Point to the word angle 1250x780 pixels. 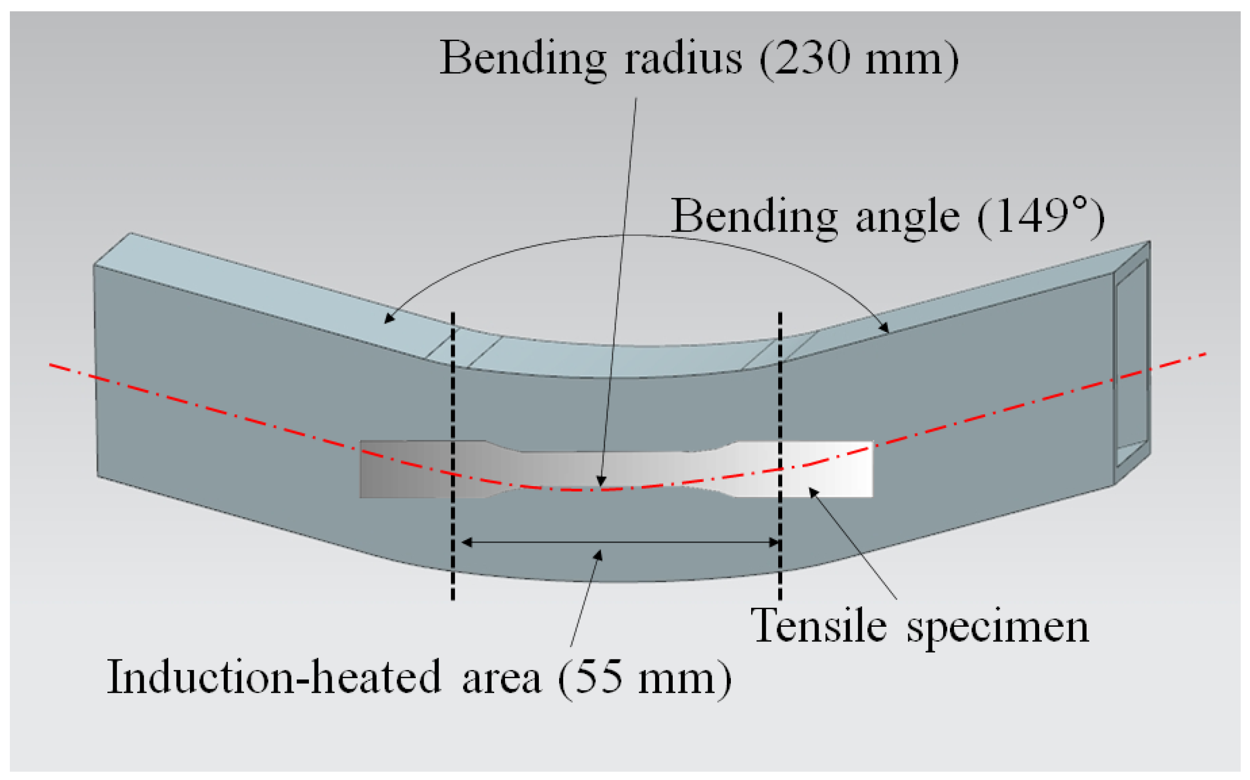coord(908,218)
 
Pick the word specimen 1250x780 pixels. coord(997,627)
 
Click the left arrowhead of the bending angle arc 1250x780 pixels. coord(389,318)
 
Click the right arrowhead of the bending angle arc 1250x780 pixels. coord(884,327)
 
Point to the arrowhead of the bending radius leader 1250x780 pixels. coord(601,481)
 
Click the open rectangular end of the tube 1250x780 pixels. coord(1132,364)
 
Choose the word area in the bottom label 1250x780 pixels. coord(501,678)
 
